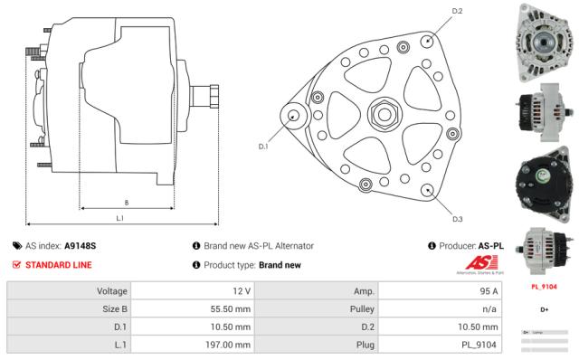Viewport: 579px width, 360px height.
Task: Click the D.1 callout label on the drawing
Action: coord(263,146)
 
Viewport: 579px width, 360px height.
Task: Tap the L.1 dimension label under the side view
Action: coord(120,217)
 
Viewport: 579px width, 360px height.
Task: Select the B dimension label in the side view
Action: coord(125,202)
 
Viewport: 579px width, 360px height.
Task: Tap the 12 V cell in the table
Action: coord(242,291)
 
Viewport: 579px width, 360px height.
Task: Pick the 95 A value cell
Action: coord(487,291)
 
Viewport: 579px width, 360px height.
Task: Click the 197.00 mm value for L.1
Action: coord(227,345)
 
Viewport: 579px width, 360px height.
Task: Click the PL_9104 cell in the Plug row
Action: coord(477,345)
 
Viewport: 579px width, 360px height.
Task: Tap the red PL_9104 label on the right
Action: coord(544,288)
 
